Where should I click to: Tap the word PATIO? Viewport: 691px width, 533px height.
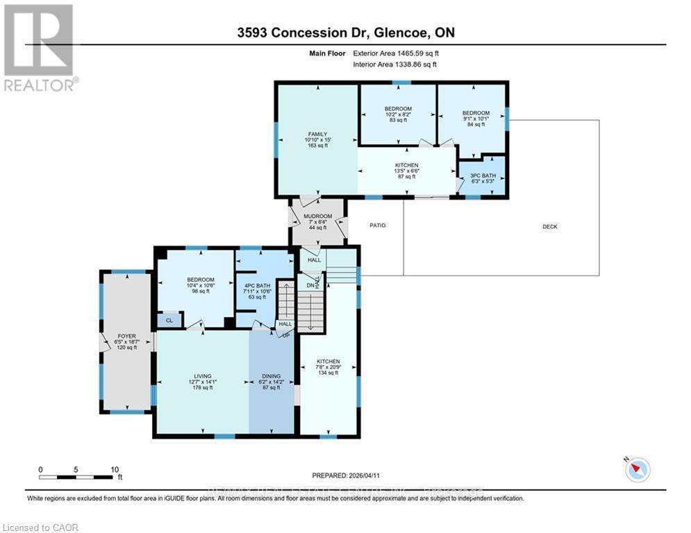point(377,226)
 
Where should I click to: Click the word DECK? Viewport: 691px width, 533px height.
point(550,227)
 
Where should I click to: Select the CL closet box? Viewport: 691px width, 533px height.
point(169,320)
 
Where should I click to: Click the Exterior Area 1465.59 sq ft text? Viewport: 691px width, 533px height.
point(395,53)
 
